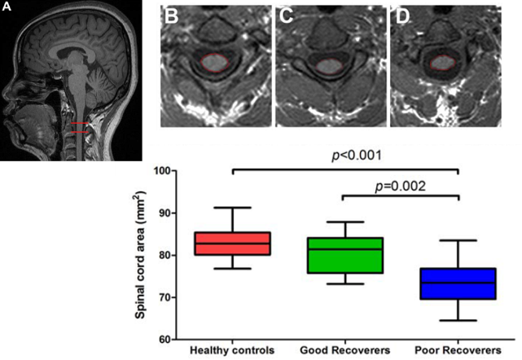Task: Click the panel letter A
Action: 7,8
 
